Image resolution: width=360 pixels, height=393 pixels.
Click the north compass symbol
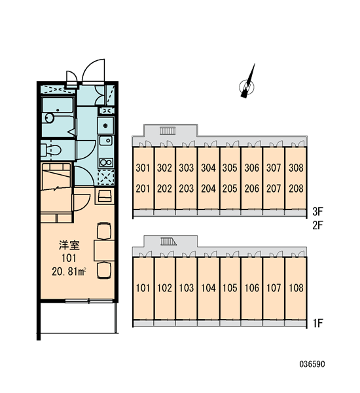point(247,84)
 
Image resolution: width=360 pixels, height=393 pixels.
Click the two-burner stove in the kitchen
point(106,162)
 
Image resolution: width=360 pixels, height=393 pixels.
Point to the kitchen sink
point(105,140)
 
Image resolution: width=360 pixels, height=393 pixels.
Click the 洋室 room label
point(69,245)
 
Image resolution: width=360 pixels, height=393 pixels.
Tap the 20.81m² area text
point(69,271)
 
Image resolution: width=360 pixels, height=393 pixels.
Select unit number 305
point(230,168)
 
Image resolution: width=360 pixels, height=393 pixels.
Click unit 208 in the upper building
point(296,189)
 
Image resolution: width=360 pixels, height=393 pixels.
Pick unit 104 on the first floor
point(208,288)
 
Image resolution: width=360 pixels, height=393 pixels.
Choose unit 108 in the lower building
point(296,288)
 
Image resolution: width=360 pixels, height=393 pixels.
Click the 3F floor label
point(317,212)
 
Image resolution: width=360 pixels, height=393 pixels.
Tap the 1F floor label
point(317,324)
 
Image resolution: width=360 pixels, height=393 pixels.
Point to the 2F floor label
point(317,225)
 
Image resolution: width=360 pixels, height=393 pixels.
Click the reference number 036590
point(312,364)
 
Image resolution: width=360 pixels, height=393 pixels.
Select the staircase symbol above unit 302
point(168,131)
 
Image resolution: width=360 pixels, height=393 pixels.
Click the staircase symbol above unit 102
point(168,241)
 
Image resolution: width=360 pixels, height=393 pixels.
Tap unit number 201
point(143,189)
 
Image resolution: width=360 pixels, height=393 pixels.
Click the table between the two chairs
point(104,250)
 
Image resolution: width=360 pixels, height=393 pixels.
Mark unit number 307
point(274,168)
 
